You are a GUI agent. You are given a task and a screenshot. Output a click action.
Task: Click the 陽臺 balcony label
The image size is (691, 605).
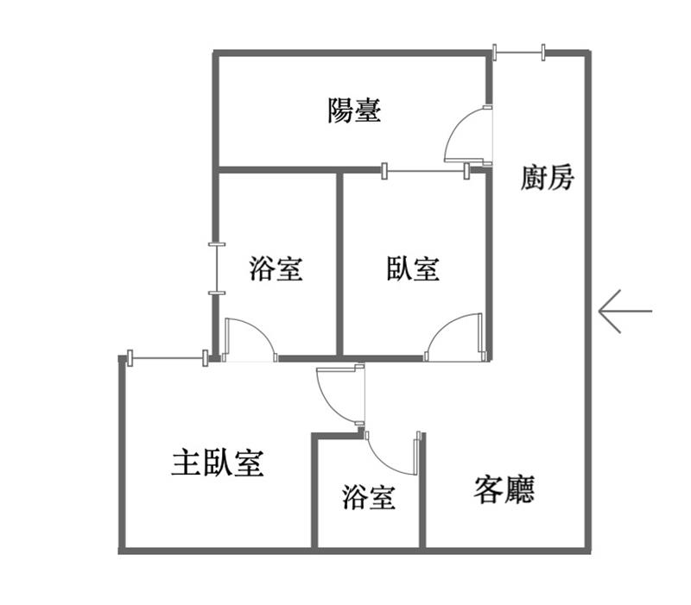pyautogui.click(x=354, y=110)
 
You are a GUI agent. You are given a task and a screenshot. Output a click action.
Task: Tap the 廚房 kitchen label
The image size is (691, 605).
pyautogui.click(x=548, y=178)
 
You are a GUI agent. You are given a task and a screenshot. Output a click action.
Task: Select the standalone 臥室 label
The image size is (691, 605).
pyautogui.click(x=413, y=268)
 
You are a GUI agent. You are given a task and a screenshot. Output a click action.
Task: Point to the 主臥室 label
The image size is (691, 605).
pyautogui.click(x=218, y=463)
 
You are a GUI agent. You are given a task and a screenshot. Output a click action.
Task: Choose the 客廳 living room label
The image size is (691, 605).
pyautogui.click(x=504, y=489)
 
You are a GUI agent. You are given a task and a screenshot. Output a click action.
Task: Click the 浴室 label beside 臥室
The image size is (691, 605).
pyautogui.click(x=276, y=268)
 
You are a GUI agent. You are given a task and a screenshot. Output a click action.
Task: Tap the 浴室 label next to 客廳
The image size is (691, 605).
pyautogui.click(x=369, y=497)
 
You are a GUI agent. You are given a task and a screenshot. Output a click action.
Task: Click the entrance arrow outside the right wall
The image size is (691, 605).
pyautogui.click(x=624, y=312)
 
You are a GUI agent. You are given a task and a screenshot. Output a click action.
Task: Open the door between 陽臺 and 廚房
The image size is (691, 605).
pyautogui.click(x=468, y=135)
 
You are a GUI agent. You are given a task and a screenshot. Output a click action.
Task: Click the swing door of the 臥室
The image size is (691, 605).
pyautogui.click(x=455, y=337)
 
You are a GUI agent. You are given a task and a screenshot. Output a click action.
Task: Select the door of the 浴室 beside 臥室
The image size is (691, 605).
pyautogui.click(x=250, y=339)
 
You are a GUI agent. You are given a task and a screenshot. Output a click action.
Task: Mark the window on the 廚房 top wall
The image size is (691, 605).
pyautogui.click(x=519, y=53)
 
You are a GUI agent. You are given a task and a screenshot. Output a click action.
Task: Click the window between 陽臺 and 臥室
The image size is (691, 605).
pyautogui.click(x=426, y=171)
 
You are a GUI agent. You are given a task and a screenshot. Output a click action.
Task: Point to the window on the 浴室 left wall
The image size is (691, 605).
pyautogui.click(x=217, y=268)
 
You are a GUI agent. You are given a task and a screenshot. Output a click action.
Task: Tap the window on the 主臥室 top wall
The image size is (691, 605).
pyautogui.click(x=168, y=358)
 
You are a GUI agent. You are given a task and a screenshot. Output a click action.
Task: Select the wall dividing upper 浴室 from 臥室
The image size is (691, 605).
pyautogui.click(x=339, y=264)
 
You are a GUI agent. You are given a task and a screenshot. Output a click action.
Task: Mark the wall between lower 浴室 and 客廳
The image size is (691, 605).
pyautogui.click(x=422, y=491)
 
